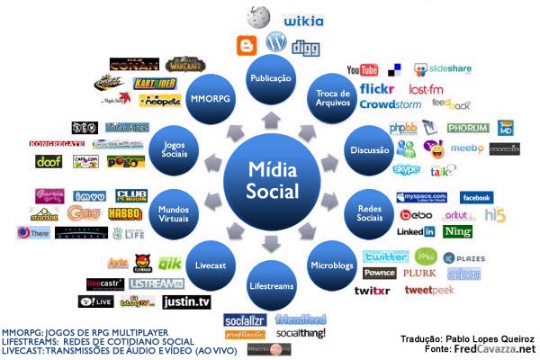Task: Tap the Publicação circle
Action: click(x=270, y=78)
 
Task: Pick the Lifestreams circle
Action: click(x=270, y=286)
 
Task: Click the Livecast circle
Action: click(x=209, y=265)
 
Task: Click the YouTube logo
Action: click(x=362, y=70)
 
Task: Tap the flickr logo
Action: click(x=376, y=89)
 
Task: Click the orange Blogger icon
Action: click(x=246, y=45)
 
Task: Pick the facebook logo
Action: click(x=477, y=197)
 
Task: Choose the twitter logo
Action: click(x=386, y=256)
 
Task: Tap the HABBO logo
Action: click(x=125, y=214)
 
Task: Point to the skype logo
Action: click(x=407, y=169)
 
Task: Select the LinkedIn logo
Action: click(x=417, y=232)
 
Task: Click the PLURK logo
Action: click(x=419, y=273)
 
